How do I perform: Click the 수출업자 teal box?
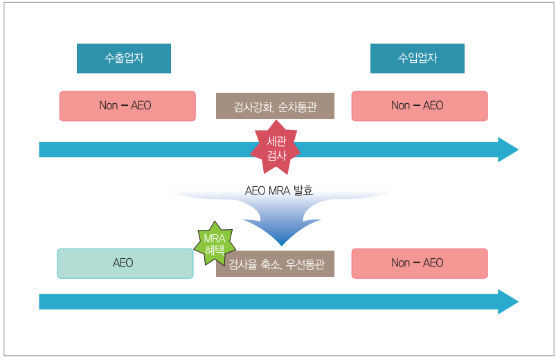[x=124, y=59]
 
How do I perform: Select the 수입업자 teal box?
[x=418, y=59]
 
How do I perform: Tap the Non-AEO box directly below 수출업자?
[x=127, y=106]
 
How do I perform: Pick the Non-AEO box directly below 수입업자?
[x=420, y=106]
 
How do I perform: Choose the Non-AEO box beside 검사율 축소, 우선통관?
[x=420, y=263]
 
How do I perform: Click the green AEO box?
[x=125, y=263]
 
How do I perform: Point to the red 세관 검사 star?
[x=276, y=148]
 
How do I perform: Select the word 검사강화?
[x=252, y=107]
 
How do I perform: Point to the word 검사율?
[x=242, y=264]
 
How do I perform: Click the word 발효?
[x=303, y=190]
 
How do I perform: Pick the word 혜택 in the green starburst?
[x=215, y=251]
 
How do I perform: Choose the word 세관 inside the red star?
[x=276, y=141]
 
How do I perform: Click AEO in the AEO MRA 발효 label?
[x=255, y=190]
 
